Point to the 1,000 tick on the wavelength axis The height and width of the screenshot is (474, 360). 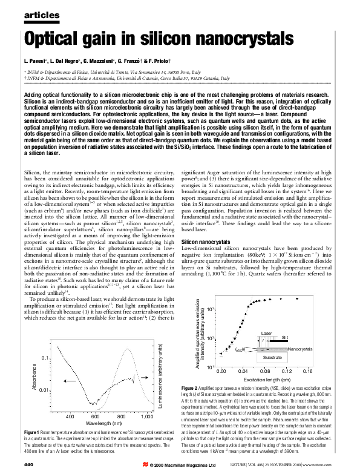(x=146, y=417)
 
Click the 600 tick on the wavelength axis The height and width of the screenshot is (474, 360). (x=95, y=417)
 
